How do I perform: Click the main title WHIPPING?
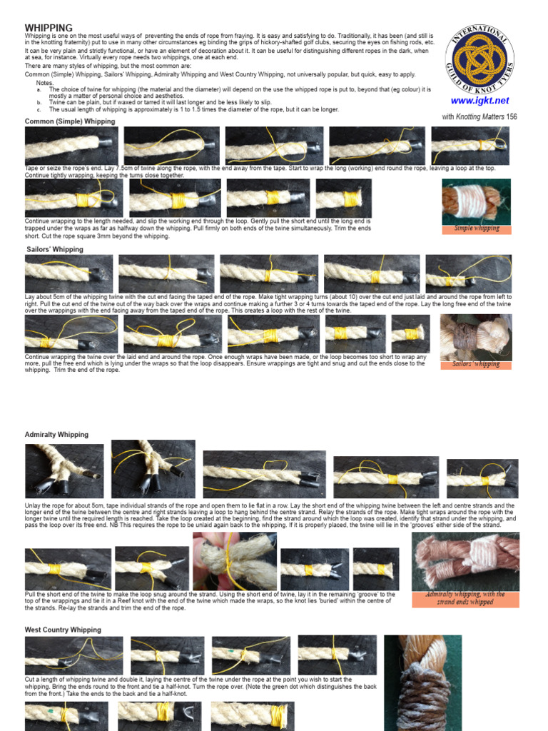tap(49, 28)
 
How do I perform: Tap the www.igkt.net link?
tap(479, 101)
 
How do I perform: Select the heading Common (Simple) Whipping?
tap(70, 122)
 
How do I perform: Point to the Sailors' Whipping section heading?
tap(55, 249)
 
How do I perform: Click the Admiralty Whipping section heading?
tap(57, 434)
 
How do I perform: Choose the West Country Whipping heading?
tap(64, 630)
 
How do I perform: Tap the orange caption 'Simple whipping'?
tap(477, 228)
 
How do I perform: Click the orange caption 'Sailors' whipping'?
tap(476, 364)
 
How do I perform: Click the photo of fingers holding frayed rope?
tap(234, 561)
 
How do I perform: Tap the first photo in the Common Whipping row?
tap(71, 146)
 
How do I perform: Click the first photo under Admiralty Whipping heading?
tap(64, 470)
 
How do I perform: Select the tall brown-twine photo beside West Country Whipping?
tap(422, 682)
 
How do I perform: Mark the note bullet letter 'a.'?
tap(39, 90)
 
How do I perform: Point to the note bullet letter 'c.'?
tap(39, 110)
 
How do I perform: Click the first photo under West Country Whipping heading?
tap(73, 655)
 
